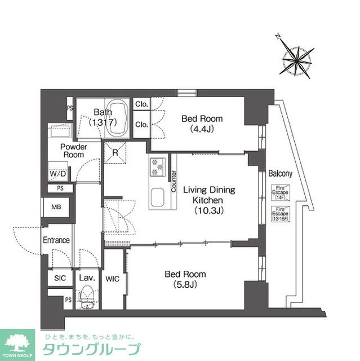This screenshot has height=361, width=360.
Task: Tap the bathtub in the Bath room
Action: tap(118, 117)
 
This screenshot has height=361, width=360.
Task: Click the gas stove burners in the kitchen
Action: tap(156, 167)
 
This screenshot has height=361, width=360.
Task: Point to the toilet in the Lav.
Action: tap(87, 297)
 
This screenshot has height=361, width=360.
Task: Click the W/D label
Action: tap(57, 174)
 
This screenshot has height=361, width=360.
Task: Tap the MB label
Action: tap(56, 206)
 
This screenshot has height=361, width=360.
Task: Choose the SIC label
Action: tap(60, 279)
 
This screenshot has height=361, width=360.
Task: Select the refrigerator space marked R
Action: tap(115, 152)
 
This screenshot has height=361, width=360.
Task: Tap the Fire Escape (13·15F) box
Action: tap(280, 214)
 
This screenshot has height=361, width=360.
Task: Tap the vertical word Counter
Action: tap(174, 182)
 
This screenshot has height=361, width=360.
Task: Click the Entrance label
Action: tap(56, 240)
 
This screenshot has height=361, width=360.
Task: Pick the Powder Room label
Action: tap(73, 151)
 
